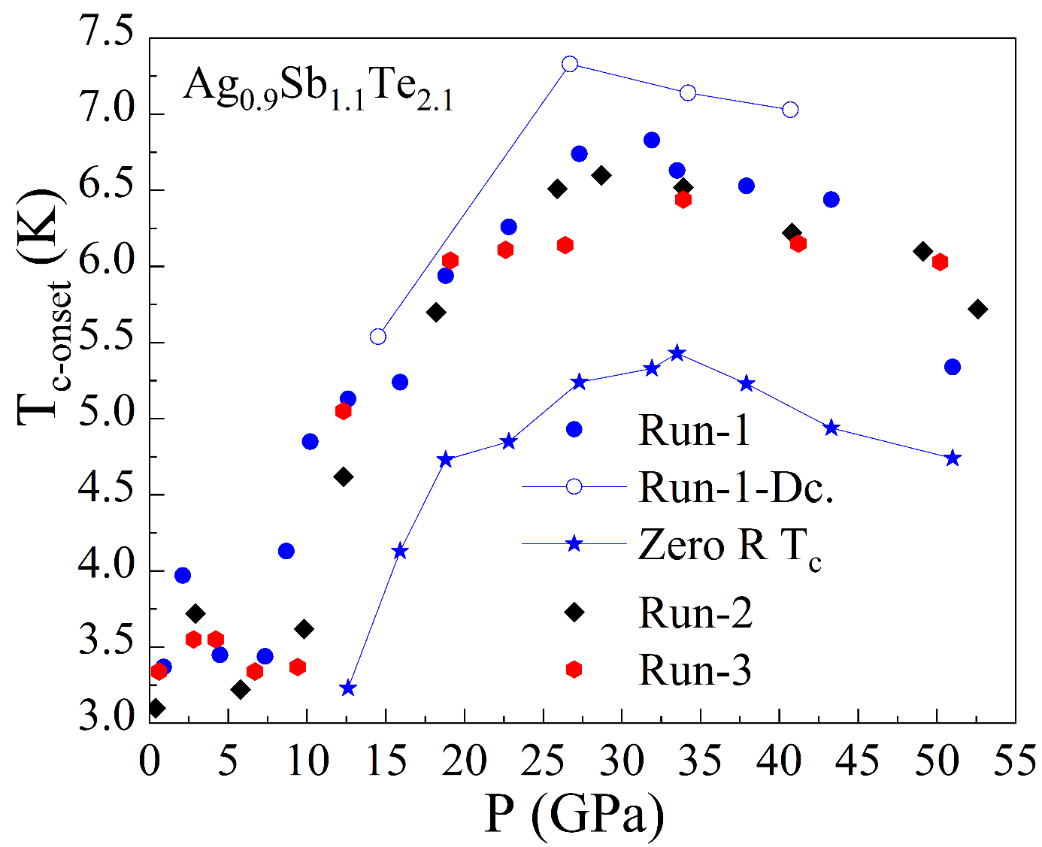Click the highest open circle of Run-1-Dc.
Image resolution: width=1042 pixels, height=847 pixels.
pyautogui.click(x=570, y=64)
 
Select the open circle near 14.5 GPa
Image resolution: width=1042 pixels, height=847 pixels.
pyautogui.click(x=378, y=336)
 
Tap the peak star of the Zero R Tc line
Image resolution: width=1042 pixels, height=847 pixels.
pyautogui.click(x=677, y=353)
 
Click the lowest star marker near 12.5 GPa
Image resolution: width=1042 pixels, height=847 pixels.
pyautogui.click(x=347, y=688)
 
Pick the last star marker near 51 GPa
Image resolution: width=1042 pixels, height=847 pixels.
pyautogui.click(x=953, y=458)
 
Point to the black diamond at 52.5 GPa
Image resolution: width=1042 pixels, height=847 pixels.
pyautogui.click(x=977, y=309)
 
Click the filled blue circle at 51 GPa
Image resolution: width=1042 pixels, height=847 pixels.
pyautogui.click(x=953, y=367)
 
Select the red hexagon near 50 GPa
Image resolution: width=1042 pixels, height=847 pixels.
pyautogui.click(x=940, y=262)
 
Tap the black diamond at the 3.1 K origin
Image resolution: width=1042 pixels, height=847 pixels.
pyautogui.click(x=156, y=707)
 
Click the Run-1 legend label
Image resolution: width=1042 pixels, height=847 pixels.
pyautogui.click(x=694, y=431)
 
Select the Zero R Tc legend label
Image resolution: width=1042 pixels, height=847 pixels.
pyautogui.click(x=729, y=546)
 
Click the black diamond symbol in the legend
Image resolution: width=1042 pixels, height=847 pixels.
pyautogui.click(x=574, y=613)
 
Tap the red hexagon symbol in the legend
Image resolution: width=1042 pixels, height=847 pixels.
pyautogui.click(x=574, y=669)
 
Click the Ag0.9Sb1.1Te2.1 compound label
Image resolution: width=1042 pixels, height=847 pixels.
pyautogui.click(x=319, y=88)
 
